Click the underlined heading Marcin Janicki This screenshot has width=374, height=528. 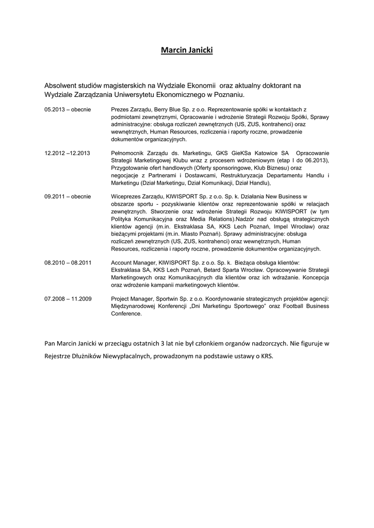[x=187, y=50]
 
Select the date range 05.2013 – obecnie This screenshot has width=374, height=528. [x=68, y=110]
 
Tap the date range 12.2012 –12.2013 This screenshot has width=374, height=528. [x=68, y=153]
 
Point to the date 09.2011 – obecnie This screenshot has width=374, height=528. [x=68, y=196]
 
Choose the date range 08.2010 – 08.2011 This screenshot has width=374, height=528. [x=68, y=262]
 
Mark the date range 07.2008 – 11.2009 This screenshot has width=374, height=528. [x=68, y=299]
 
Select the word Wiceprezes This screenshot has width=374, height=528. [x=127, y=196]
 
